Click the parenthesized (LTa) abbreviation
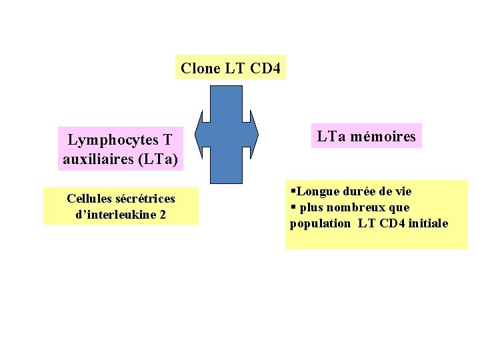158,159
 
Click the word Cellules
89,199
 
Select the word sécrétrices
145,199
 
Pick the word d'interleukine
113,215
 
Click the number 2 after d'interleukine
163,215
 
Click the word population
320,223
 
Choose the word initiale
428,223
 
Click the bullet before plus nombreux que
293,207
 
